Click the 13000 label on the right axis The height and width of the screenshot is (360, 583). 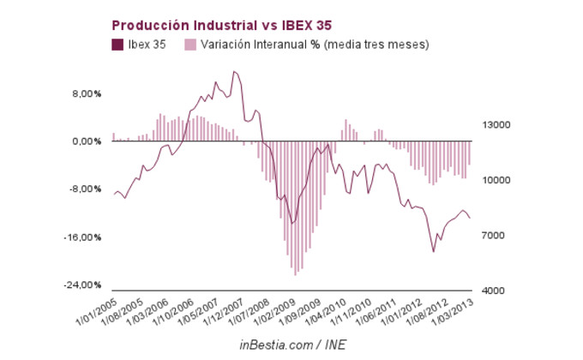tap(496, 125)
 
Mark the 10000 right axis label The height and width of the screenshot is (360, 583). tap(496, 180)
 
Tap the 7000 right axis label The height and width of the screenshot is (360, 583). tap(494, 236)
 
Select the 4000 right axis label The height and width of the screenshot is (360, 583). tap(494, 291)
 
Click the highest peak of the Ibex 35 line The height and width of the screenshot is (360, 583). tap(234, 71)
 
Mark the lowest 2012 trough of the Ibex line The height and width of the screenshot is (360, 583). tap(434, 252)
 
